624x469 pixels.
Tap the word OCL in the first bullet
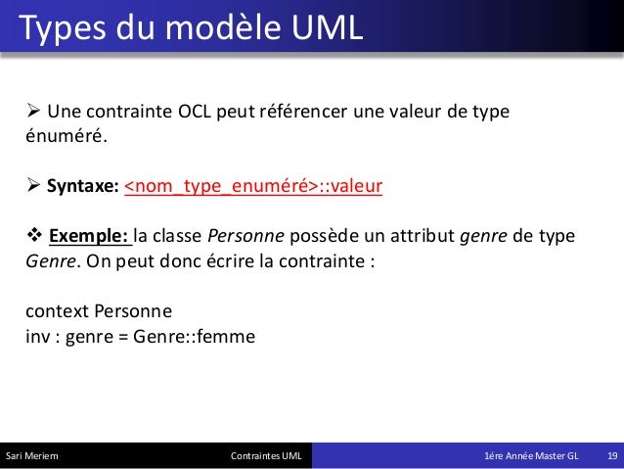point(201,110)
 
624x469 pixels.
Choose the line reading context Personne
point(99,312)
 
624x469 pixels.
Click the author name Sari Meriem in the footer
point(32,457)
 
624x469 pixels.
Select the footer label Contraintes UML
point(266,457)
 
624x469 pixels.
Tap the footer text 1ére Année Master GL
point(531,457)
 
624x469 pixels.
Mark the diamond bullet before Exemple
point(33,238)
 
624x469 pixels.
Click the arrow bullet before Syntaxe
point(33,187)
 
